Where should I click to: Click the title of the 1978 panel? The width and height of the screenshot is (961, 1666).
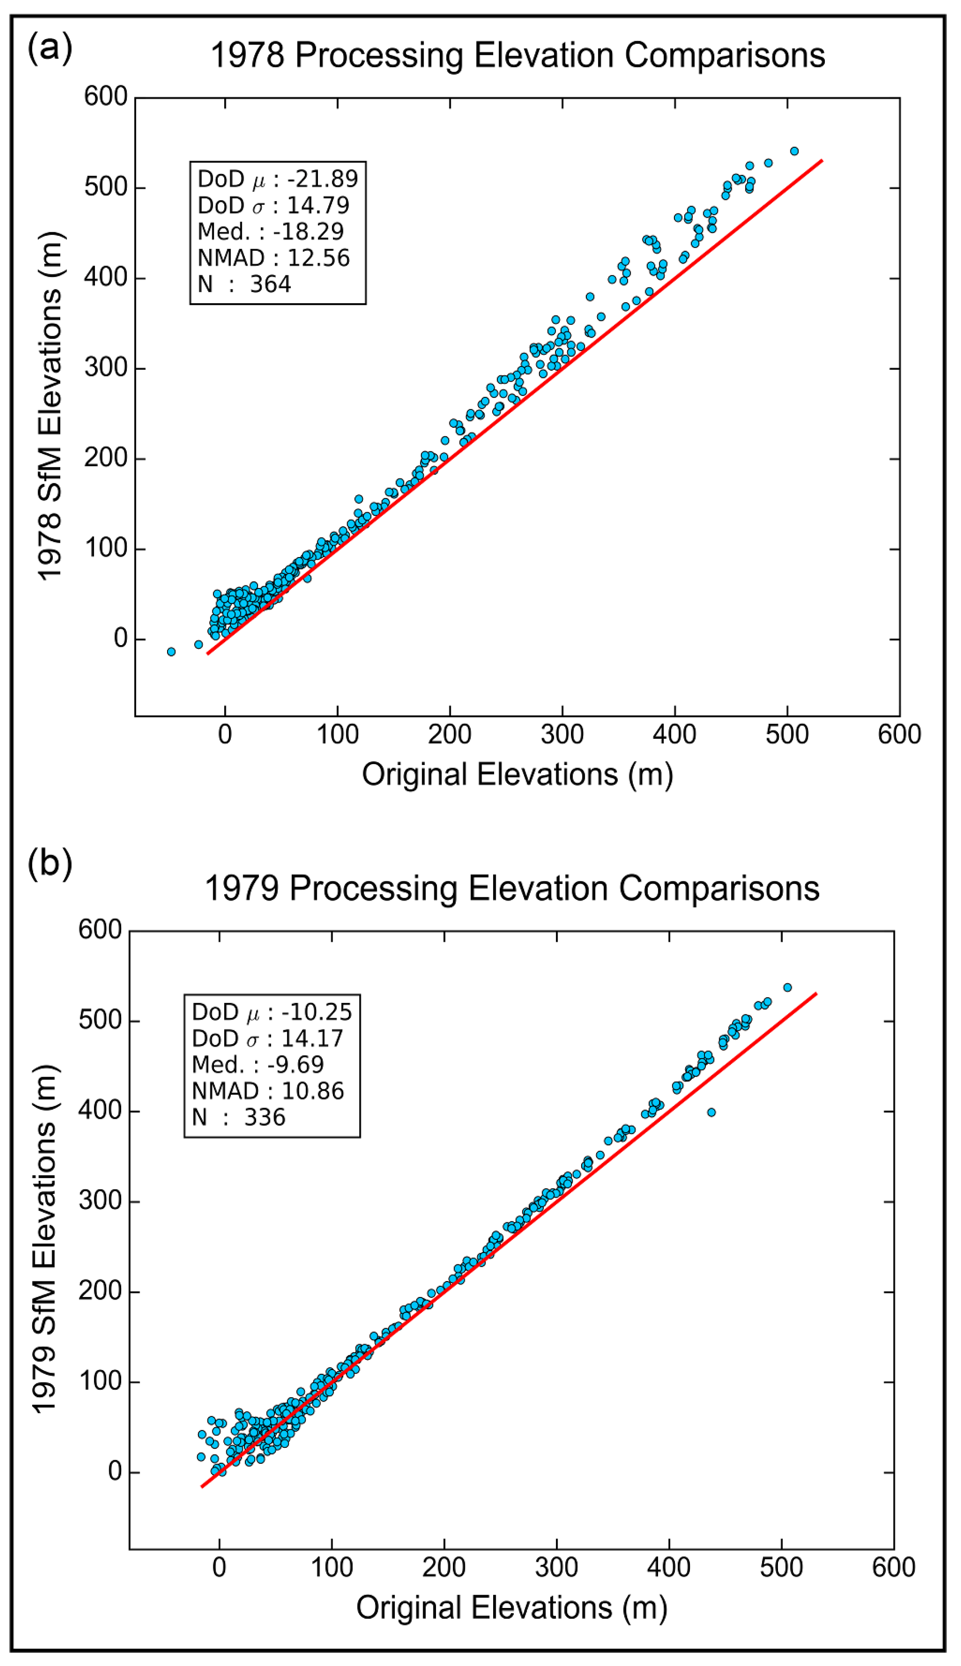[x=518, y=55]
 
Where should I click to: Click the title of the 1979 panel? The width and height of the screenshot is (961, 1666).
[x=512, y=888]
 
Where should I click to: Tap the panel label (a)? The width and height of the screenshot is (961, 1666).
[x=49, y=48]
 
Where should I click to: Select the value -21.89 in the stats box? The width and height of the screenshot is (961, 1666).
[x=323, y=179]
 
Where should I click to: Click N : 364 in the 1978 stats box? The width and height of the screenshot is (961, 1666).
[x=244, y=284]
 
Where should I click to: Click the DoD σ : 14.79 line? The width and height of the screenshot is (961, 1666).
[x=273, y=205]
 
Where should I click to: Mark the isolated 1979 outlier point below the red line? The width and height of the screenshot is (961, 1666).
[x=711, y=1112]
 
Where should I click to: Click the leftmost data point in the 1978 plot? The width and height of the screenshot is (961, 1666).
[x=171, y=652]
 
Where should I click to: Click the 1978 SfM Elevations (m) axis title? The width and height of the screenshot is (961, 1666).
[x=50, y=406]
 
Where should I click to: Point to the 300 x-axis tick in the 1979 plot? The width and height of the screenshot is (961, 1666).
[x=556, y=1567]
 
